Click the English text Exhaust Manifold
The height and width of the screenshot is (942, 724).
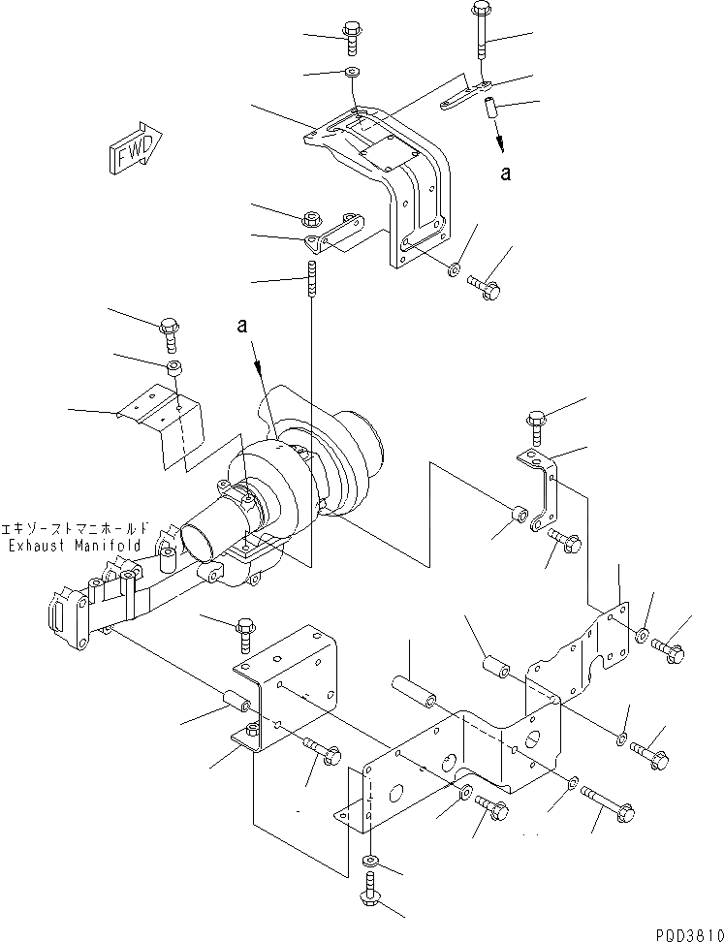point(75,546)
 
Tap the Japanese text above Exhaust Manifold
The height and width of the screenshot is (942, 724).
point(76,529)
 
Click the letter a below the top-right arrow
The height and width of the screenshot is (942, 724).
point(504,173)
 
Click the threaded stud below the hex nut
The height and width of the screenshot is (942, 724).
point(312,280)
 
